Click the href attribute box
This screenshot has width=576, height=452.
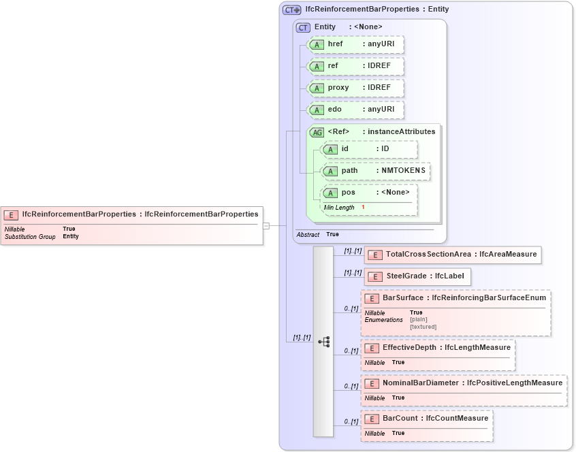coord(355,44)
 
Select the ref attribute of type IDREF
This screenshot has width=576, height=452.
coord(355,66)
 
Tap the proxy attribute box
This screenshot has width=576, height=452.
coord(355,88)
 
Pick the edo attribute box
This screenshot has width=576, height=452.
coord(355,110)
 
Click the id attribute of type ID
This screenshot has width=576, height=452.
coord(368,149)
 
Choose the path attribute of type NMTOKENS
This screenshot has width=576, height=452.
coord(375,171)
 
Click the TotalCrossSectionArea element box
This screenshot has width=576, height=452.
coord(453,255)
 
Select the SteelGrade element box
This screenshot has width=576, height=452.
coord(415,276)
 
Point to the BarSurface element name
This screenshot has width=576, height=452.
coord(403,298)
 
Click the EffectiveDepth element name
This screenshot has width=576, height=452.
coord(407,348)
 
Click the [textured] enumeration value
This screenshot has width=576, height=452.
coord(423,327)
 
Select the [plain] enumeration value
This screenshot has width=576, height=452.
coord(419,319)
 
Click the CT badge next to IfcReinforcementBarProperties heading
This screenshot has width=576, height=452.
coord(291,10)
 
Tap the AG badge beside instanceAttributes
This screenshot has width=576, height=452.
coord(317,132)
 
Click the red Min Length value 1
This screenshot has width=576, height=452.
coord(363,207)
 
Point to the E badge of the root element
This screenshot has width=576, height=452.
coord(11,214)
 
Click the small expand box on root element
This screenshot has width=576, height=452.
coord(266,225)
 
